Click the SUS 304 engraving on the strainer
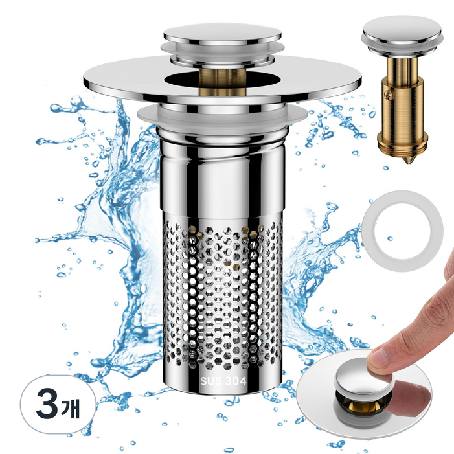pos(223,381)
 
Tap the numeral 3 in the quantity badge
pos(47,405)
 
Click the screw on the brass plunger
pos(387,94)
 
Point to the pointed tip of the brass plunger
pos(408,162)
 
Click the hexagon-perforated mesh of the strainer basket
pos(222,295)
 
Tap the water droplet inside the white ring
pos(390,239)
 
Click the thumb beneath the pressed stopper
pos(411,394)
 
